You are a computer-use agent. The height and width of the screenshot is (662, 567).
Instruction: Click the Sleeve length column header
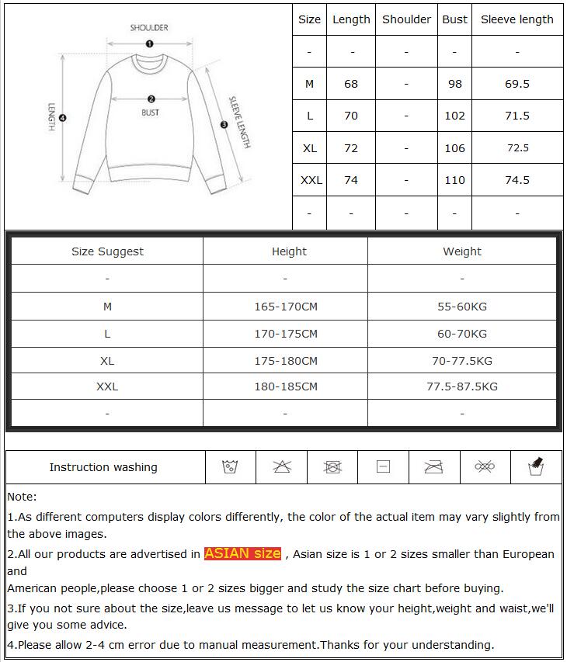(517, 19)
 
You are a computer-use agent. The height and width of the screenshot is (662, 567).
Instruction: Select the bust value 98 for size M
(454, 84)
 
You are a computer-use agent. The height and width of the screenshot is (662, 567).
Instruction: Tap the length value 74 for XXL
(351, 180)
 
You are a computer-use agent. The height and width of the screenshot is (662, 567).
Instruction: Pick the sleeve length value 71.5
(517, 116)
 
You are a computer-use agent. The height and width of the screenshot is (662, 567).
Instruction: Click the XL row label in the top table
(309, 148)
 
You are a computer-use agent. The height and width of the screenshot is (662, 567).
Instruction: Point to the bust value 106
(454, 148)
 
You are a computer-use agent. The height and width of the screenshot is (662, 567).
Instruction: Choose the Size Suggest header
(107, 251)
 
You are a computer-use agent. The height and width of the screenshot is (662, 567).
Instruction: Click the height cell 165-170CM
(286, 307)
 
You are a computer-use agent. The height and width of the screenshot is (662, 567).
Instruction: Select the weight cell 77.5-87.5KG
(462, 386)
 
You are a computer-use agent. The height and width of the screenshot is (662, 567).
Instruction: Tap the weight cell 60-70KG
(462, 334)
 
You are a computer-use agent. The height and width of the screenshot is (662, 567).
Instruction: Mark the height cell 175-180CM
(286, 361)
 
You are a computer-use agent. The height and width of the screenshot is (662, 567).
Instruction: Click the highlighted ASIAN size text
(242, 553)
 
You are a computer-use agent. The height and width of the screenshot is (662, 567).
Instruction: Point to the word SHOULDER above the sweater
(149, 28)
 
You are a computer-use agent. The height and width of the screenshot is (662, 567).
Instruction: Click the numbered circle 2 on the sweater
(151, 99)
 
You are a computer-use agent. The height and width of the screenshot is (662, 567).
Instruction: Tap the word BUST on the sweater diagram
(151, 113)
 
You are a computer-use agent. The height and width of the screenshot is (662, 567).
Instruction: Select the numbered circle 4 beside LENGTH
(63, 118)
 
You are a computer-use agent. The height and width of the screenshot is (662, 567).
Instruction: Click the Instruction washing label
(103, 467)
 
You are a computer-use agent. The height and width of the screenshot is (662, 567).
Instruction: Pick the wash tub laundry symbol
(229, 467)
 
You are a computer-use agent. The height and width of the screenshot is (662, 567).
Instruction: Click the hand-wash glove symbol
(534, 466)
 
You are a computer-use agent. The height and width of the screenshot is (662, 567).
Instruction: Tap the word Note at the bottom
(22, 497)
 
